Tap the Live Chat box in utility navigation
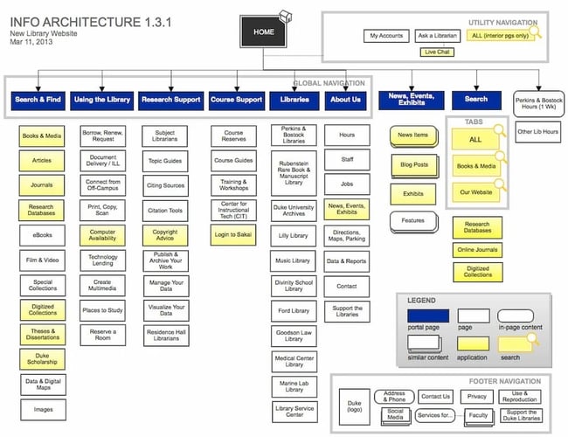(x=437, y=52)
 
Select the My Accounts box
(x=385, y=36)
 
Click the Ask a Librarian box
(x=437, y=36)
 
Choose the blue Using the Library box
(x=102, y=100)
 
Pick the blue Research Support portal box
(x=170, y=100)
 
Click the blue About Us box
(x=345, y=100)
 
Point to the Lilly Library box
(x=294, y=236)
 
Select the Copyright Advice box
(x=165, y=234)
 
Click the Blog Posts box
(x=413, y=164)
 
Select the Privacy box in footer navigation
(x=477, y=396)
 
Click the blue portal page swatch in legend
(x=428, y=316)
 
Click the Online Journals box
(x=476, y=251)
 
